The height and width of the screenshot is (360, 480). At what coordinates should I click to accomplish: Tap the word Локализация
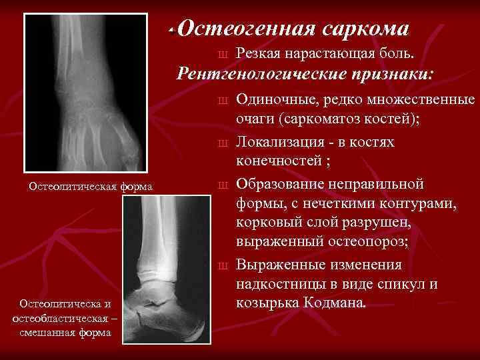point(283,143)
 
